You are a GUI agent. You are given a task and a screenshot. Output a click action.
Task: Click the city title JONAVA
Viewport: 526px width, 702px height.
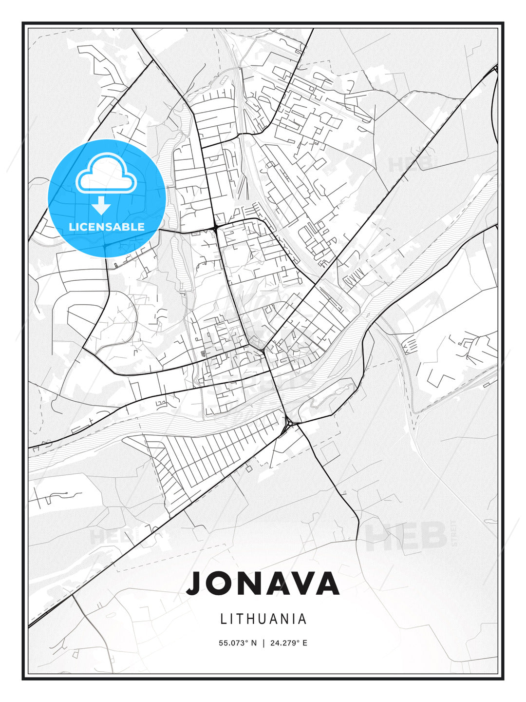(263, 584)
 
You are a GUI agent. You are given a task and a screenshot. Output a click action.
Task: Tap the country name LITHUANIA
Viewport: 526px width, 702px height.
(263, 619)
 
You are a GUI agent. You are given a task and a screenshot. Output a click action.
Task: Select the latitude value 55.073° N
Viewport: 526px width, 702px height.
(238, 643)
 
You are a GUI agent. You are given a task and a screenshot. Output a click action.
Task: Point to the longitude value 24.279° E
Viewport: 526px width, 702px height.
(288, 643)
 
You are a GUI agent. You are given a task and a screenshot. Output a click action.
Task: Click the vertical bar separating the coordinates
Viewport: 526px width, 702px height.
(263, 643)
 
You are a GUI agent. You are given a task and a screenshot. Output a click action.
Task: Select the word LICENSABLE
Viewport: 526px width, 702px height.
(107, 227)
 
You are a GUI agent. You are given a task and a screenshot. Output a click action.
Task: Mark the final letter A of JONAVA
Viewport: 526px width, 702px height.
(324, 584)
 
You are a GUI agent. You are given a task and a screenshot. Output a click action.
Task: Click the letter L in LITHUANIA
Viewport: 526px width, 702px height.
(224, 619)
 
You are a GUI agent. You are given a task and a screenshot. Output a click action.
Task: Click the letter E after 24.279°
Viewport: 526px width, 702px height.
(305, 643)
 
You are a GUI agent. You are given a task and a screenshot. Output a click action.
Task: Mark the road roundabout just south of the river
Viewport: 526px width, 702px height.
(289, 422)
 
